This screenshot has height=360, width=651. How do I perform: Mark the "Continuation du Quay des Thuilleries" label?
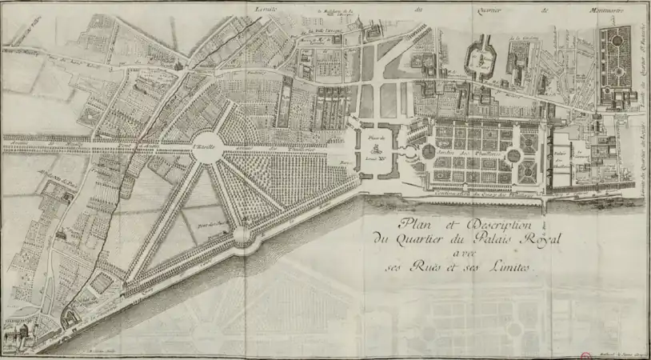click(472, 192)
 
